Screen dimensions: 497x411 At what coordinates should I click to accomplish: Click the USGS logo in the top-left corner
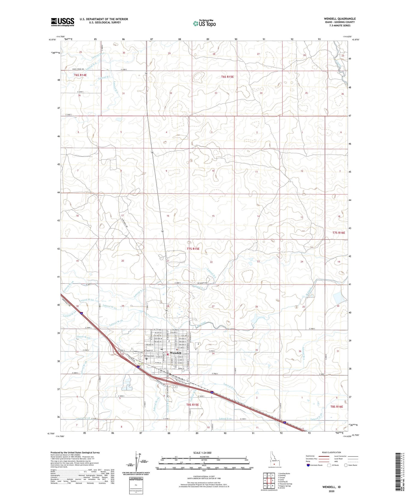click(62, 22)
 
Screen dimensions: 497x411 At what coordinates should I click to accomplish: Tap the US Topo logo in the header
click(204, 24)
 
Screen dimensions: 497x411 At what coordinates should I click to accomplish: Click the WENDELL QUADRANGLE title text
click(340, 19)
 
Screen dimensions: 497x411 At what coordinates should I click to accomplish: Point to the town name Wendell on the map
click(175, 353)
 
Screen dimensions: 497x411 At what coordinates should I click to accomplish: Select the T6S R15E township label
click(227, 77)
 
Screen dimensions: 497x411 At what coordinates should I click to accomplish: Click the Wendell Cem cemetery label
click(150, 356)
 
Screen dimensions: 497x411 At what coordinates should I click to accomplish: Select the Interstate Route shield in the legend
click(309, 465)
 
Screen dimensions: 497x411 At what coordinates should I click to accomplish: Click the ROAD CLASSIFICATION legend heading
click(332, 452)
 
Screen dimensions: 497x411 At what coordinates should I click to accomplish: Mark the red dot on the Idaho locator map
click(274, 464)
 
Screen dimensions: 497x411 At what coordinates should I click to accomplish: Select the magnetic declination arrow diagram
click(137, 461)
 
